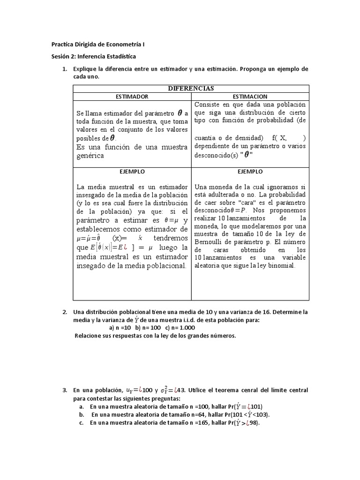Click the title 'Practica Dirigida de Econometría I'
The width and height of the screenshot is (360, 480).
[98, 45]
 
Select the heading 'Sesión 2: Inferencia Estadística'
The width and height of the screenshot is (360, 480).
[94, 57]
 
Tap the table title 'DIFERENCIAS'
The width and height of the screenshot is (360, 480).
[191, 88]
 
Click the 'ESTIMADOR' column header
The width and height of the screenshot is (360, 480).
[132, 96]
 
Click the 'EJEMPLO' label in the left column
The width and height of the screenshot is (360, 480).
[132, 172]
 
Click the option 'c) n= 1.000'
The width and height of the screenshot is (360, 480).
[180, 328]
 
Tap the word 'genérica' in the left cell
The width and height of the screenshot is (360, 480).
[90, 156]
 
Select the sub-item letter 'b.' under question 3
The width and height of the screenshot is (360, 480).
[82, 415]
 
